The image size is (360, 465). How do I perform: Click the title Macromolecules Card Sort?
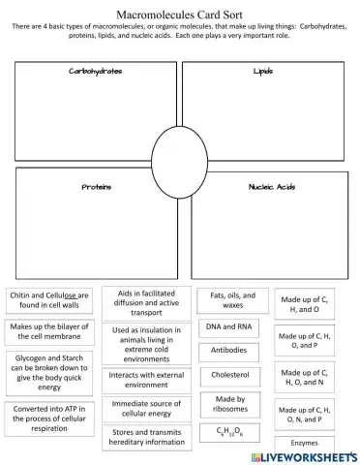(180, 15)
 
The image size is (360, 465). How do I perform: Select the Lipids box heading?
(263, 72)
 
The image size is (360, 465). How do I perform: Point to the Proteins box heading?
(95, 187)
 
